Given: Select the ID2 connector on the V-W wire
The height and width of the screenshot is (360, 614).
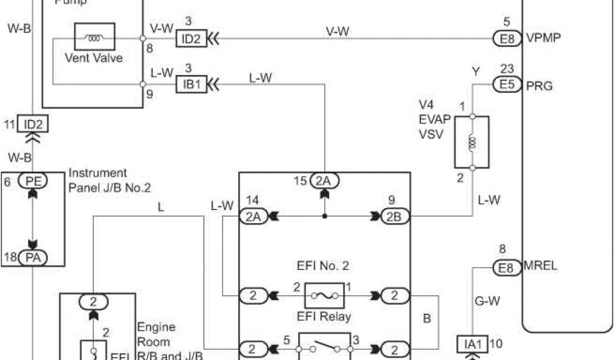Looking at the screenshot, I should [191, 39].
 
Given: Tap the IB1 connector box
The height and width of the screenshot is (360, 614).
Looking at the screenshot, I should [191, 85].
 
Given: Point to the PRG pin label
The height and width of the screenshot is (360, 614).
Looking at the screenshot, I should [538, 85].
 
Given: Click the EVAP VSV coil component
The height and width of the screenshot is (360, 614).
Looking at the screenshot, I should [472, 142].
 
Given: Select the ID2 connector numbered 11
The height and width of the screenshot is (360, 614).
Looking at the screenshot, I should [32, 124].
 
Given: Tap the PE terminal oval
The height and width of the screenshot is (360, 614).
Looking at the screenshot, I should [32, 180].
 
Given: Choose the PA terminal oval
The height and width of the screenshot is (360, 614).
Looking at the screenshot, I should [32, 258].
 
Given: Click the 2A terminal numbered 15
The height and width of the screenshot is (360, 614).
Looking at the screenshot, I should [324, 180].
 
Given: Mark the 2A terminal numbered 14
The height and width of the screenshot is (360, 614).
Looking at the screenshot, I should [252, 217].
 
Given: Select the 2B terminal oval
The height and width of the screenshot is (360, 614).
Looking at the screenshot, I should [395, 217].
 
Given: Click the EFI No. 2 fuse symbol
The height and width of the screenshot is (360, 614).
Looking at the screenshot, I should [324, 295].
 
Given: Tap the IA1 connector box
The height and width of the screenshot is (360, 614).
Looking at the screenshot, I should [473, 344].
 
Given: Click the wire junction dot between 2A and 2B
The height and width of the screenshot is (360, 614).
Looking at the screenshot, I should [324, 217].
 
